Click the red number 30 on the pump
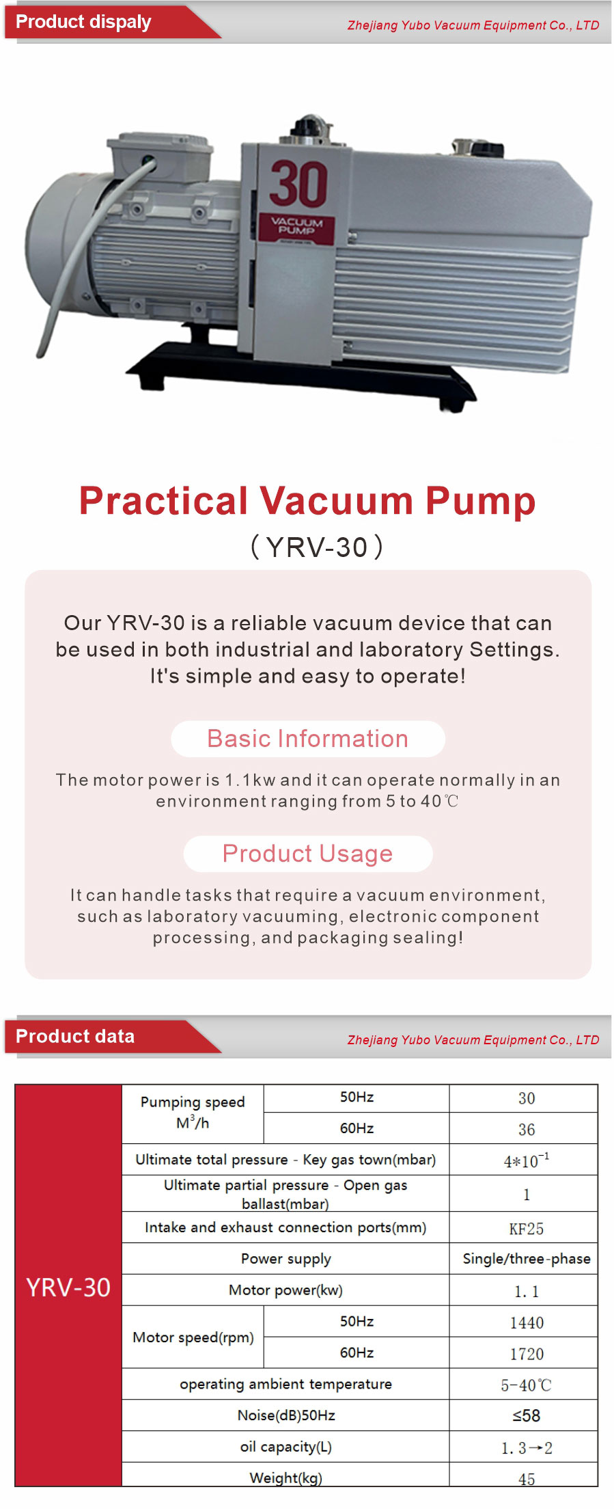298,183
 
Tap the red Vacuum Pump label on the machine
296,226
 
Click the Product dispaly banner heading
83,22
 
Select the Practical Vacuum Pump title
307,500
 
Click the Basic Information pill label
308,739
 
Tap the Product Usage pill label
308,854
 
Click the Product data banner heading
75,1036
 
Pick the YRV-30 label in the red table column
68,1287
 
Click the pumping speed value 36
527,1129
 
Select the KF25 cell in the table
527,1229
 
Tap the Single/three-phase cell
527,1259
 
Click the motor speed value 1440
527,1322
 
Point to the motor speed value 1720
527,1354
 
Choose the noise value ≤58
527,1415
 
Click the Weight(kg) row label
285,1478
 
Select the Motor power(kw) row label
285,1290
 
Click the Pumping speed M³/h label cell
193,1113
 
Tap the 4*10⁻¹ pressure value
527,1160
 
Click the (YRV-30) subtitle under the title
317,547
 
